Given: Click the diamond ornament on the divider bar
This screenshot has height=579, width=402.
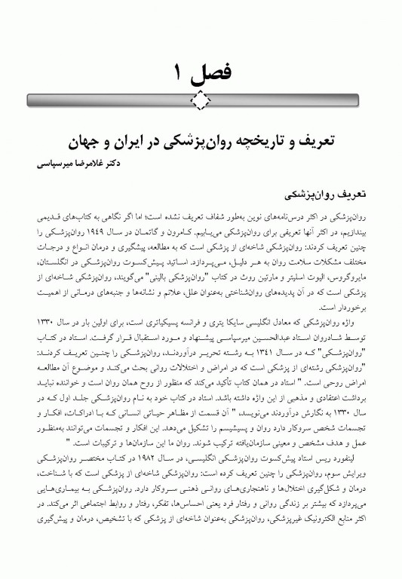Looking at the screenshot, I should click(201, 98).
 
